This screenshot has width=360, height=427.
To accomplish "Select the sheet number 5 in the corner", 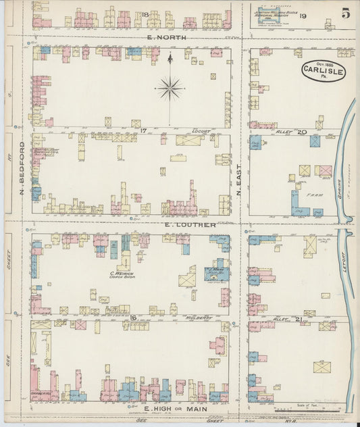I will click(346, 13).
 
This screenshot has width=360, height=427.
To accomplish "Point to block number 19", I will click(303, 15).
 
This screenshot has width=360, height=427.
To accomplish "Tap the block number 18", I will click(145, 14).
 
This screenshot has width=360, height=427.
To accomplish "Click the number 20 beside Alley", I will click(301, 132).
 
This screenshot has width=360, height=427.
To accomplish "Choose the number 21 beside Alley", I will click(298, 318).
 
